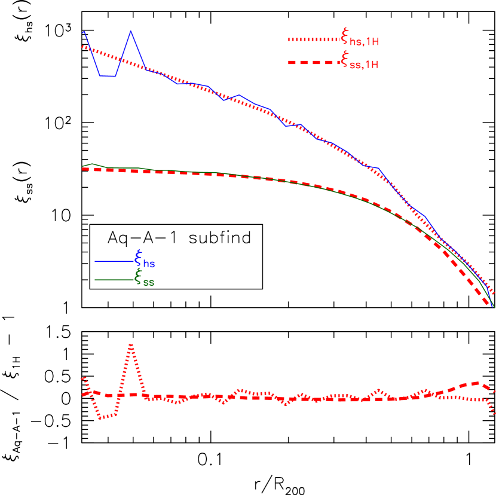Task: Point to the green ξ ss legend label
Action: coord(145,278)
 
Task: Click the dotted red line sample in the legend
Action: coord(314,39)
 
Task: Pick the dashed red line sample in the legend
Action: coord(314,62)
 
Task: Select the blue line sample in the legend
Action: coord(114,261)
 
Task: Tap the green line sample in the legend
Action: coord(114,280)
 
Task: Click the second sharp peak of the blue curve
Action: coord(131,31)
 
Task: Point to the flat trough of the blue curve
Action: coord(108,76)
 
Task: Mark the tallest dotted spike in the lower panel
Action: coord(131,345)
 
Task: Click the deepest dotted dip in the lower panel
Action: coord(100,418)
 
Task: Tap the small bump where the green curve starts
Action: coord(91,164)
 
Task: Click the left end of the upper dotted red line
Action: coord(82,46)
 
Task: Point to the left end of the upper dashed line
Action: coord(82,169)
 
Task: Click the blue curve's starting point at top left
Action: coord(84,32)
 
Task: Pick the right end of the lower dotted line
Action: coord(494,412)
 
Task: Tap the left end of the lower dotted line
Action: coord(82,377)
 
